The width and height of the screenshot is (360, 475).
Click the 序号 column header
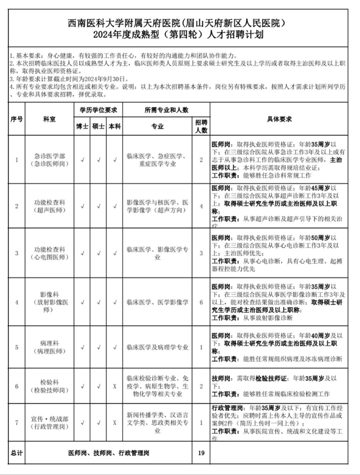point(16,120)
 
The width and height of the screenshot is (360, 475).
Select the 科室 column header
point(47,120)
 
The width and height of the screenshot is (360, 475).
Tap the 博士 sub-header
point(82,126)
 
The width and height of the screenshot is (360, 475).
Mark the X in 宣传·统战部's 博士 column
point(82,422)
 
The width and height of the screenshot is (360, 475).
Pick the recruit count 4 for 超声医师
point(201,206)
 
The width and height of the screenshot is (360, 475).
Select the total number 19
point(201,452)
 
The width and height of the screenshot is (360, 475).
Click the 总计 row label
point(16,452)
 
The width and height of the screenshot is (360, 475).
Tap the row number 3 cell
point(16,253)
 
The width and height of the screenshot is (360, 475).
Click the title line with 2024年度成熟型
point(179,35)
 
